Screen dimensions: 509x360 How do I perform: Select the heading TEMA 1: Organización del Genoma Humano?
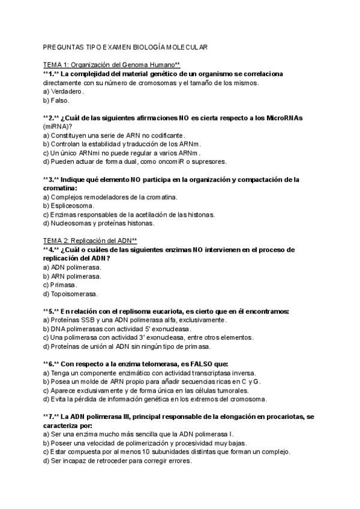coord(112,65)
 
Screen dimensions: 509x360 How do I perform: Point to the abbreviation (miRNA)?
coord(58,127)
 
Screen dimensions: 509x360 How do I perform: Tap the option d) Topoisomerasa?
coord(70,294)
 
